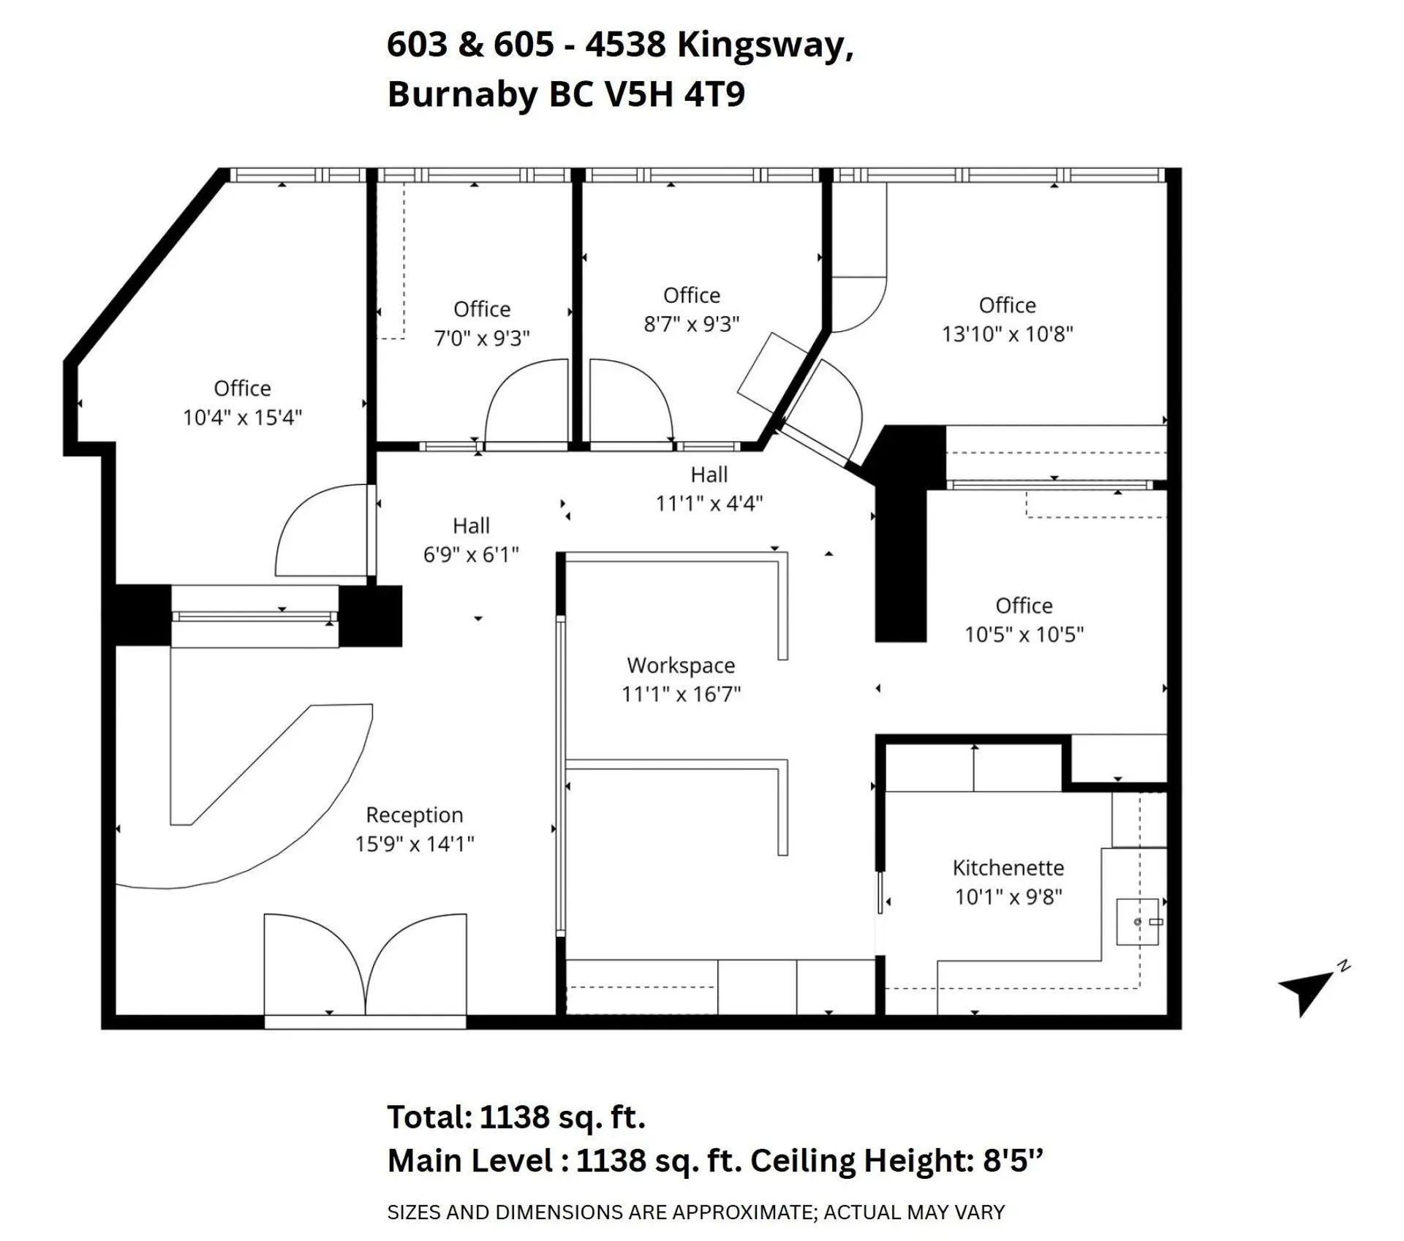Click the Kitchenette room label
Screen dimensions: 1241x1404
click(1008, 868)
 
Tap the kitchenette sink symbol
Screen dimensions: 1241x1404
click(1137, 921)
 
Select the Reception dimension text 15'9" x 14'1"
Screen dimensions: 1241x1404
click(415, 844)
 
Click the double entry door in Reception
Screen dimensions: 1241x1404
click(365, 965)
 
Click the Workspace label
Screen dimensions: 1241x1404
click(681, 665)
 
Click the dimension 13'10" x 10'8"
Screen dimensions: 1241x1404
click(1007, 334)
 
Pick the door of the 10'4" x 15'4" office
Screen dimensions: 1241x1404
click(322, 530)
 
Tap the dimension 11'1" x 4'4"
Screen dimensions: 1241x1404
click(709, 503)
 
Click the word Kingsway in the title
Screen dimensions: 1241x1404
click(765, 45)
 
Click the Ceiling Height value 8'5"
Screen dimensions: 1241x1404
click(1012, 1161)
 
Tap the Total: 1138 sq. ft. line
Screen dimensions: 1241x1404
click(516, 1117)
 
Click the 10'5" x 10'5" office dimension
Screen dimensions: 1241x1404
click(1024, 634)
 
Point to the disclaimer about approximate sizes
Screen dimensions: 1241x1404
click(695, 1212)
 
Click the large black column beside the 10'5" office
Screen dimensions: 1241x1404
click(901, 563)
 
